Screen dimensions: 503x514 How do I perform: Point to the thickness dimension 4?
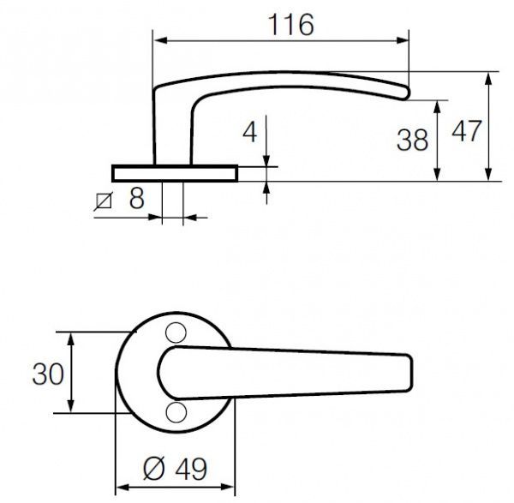[x=250, y=132]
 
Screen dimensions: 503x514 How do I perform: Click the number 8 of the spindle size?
[x=134, y=201]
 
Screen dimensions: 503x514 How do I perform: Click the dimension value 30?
[x=46, y=374]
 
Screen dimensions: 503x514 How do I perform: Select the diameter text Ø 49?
[x=174, y=469]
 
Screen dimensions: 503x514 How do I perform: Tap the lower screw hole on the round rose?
[x=176, y=413]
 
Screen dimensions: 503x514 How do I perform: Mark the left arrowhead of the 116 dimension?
[x=158, y=40]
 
